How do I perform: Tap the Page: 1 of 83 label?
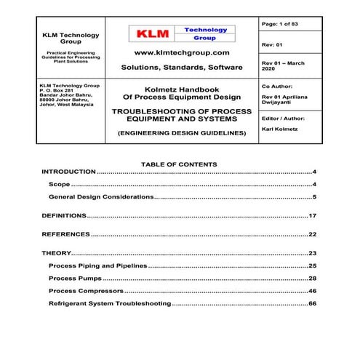point(280,24)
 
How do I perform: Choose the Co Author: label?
point(278,86)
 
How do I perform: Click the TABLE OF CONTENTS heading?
point(179,164)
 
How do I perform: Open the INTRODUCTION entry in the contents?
point(69,172)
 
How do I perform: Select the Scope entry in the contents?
point(60,185)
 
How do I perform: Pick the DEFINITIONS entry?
point(64,216)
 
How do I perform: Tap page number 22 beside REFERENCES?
point(312,235)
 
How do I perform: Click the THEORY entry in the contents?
point(56,253)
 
